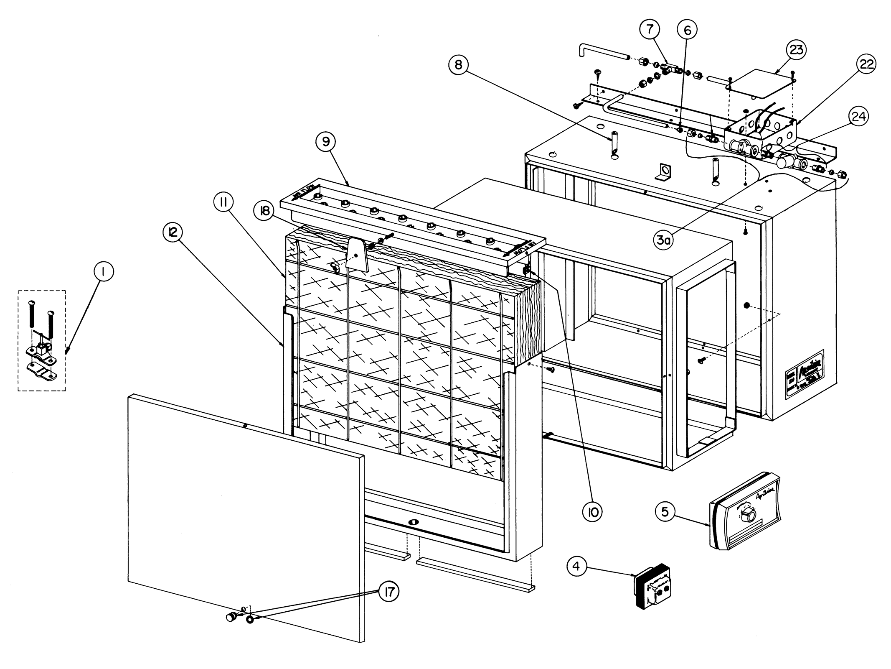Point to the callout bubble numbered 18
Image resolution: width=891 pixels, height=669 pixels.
pos(264,212)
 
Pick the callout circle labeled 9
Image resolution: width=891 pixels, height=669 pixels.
pos(326,142)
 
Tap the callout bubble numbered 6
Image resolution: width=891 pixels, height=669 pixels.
pos(687,30)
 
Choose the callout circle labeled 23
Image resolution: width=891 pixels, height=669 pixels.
pos(796,50)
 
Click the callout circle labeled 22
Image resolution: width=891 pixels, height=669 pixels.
pos(866,64)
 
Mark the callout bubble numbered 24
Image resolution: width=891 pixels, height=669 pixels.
pos(858,117)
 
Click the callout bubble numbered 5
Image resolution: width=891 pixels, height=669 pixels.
pos(665,511)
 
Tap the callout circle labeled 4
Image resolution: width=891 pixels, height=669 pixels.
pos(576,567)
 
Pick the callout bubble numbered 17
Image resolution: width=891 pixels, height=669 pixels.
pos(388,592)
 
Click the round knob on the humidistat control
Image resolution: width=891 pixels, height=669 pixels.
pos(750,516)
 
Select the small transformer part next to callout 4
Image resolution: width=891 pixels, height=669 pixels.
pos(653,587)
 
